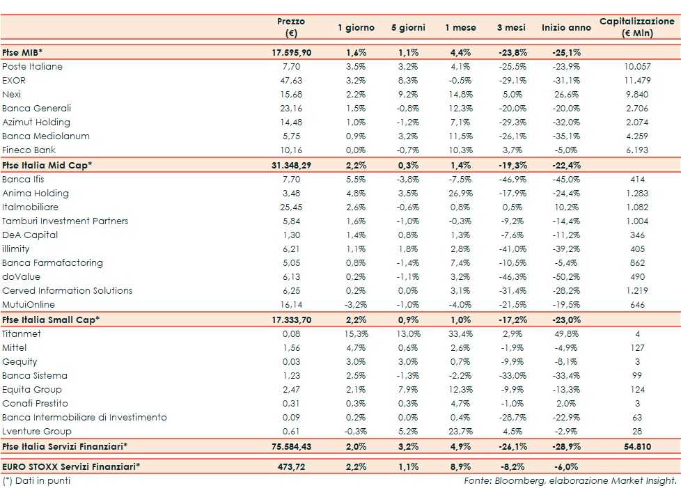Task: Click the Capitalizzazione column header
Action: (x=636, y=27)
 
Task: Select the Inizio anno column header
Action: (x=566, y=28)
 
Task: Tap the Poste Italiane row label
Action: (x=32, y=67)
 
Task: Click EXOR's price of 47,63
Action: (x=286, y=81)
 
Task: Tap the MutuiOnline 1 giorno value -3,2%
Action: (x=356, y=305)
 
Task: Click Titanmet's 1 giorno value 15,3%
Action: (x=356, y=334)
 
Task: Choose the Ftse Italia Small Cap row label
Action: (x=51, y=320)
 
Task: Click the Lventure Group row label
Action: (x=32, y=432)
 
